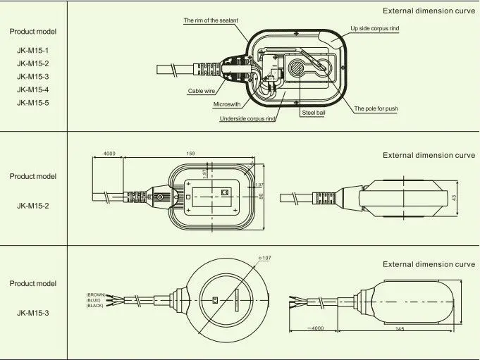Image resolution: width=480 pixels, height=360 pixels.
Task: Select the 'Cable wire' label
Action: [x=201, y=91]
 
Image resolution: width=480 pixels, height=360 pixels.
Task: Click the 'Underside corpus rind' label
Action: [x=247, y=119]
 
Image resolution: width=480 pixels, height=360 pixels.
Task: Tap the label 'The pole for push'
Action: [x=381, y=109]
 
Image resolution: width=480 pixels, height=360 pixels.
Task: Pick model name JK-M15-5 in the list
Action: [x=32, y=103]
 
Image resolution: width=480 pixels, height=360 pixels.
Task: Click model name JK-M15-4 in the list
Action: [x=32, y=89]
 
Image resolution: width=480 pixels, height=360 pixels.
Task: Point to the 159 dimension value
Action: [x=191, y=154]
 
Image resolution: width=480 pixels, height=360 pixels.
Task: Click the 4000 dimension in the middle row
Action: [x=109, y=154]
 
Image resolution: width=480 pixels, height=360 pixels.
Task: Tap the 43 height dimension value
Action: [x=455, y=198]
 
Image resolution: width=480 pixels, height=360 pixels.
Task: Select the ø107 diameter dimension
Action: [x=265, y=259]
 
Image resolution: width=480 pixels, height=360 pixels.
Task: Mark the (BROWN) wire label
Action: [x=95, y=294]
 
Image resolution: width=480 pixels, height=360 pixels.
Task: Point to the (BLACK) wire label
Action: [x=95, y=306]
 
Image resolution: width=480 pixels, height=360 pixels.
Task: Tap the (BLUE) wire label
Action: [x=94, y=300]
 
